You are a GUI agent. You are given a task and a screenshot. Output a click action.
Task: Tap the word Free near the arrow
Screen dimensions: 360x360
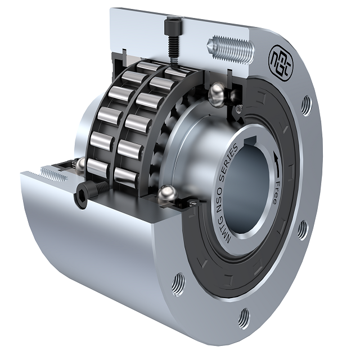click(x=276, y=192)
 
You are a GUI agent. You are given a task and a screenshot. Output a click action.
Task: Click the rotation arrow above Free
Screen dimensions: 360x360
click(x=277, y=165)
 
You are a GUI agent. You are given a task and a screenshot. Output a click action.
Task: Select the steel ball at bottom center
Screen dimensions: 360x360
click(x=168, y=193)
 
